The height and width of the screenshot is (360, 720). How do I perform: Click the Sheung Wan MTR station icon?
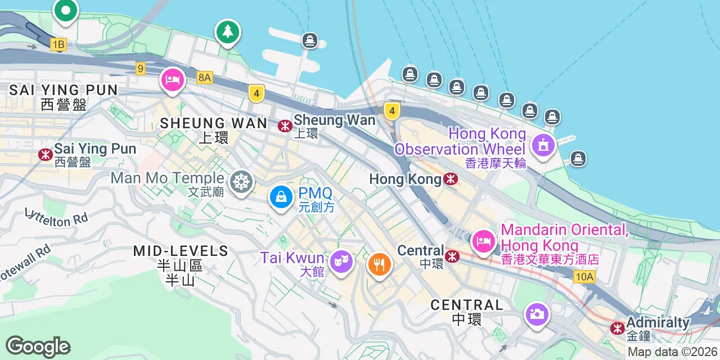(285, 126)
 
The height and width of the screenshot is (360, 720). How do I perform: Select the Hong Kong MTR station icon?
(450, 179)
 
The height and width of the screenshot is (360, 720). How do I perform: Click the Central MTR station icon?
(452, 256)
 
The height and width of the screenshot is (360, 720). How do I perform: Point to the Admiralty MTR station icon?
(618, 328)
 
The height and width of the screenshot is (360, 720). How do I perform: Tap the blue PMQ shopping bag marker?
(280, 197)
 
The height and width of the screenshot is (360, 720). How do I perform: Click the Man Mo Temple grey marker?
(242, 182)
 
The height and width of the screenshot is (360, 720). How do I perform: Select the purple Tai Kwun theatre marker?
(341, 261)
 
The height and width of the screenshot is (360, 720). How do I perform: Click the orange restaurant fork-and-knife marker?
(380, 263)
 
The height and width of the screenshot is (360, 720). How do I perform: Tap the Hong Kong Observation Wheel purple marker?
(543, 145)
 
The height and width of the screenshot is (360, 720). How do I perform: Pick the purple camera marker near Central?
(537, 313)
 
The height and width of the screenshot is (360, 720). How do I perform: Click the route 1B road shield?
(58, 44)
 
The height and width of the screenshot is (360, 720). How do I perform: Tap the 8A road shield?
(205, 78)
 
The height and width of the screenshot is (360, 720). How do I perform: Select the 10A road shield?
(584, 276)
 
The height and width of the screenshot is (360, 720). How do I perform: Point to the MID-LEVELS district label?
(181, 251)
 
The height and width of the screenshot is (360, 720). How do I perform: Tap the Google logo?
(38, 346)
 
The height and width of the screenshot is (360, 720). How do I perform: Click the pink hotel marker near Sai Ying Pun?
(173, 80)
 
